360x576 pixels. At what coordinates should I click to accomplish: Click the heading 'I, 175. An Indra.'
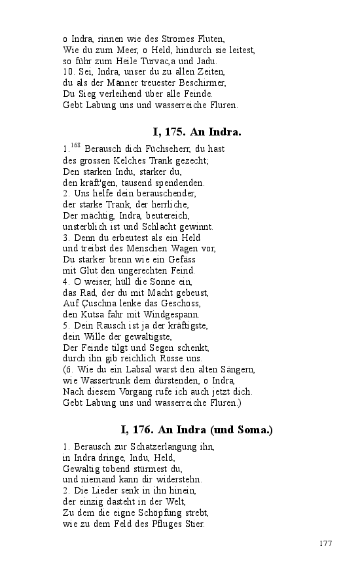197,132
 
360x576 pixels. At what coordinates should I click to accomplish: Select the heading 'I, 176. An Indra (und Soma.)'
197,430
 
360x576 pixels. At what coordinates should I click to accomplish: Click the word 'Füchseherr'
147,149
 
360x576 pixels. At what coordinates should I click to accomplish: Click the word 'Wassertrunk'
104,381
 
